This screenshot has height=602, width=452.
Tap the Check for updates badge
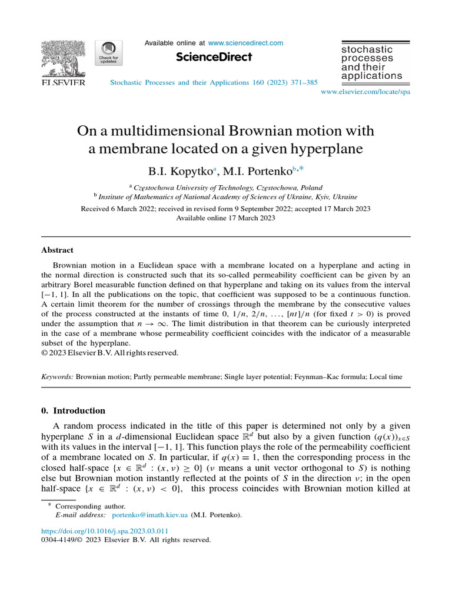(108, 55)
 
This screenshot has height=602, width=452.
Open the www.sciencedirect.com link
(245, 43)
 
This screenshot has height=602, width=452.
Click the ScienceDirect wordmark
(214, 57)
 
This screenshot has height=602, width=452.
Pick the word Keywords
(57, 375)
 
